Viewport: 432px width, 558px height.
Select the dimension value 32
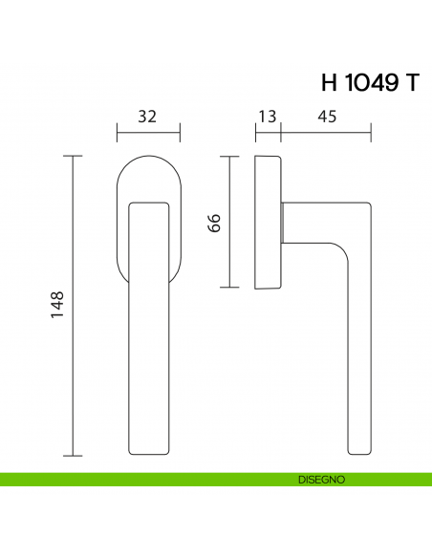point(147,117)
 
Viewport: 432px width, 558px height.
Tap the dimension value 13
point(267,117)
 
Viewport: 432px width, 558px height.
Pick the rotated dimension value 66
point(214,223)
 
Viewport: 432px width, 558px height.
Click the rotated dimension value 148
point(56,305)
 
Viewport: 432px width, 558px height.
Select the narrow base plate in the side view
point(269,223)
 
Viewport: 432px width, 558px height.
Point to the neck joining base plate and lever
point(285,223)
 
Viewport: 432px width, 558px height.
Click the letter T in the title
point(412,82)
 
